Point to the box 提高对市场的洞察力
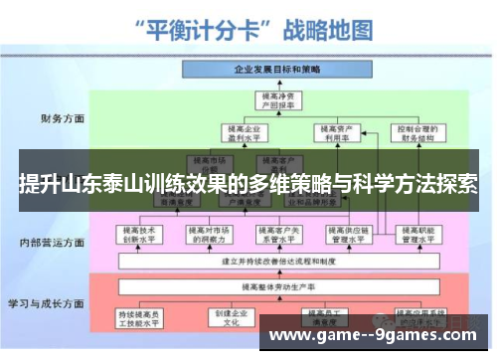208,235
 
